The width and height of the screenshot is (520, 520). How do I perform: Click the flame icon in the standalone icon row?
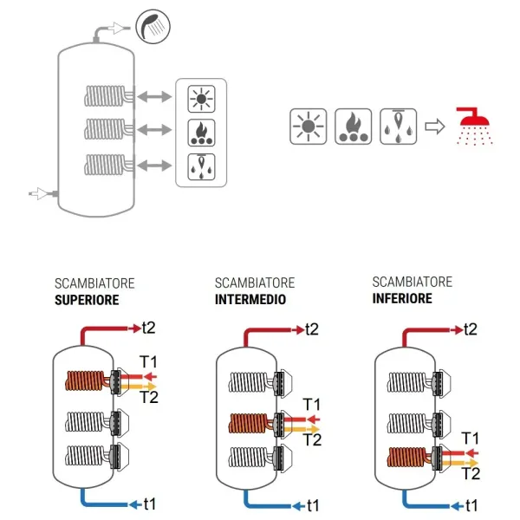pos(353,127)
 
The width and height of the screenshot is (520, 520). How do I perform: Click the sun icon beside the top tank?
pos(202,99)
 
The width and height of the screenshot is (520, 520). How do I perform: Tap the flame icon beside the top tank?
pos(202,132)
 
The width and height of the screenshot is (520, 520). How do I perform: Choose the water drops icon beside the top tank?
pos(202,164)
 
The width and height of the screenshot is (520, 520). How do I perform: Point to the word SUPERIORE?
pos(87,301)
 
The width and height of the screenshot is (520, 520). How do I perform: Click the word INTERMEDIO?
pos(251,300)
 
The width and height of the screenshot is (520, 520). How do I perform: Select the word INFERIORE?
pos(402,299)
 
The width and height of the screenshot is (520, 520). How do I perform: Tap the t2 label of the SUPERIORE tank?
pos(150,328)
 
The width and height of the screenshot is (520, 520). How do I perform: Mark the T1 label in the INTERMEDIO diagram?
pos(313,403)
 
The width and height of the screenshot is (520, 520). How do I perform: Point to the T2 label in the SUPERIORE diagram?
pos(150,398)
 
